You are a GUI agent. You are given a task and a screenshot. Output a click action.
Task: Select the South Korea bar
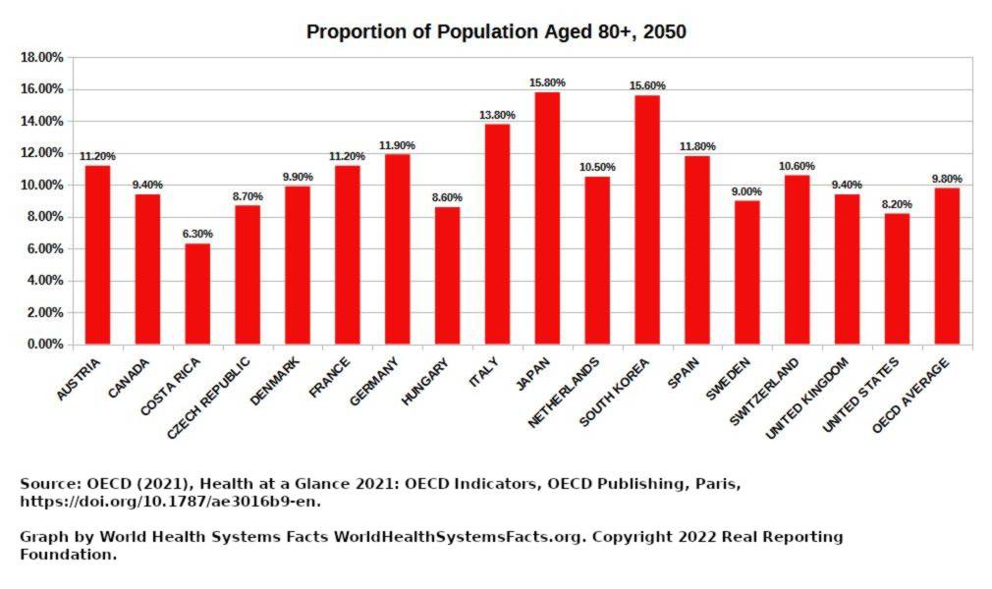(647, 220)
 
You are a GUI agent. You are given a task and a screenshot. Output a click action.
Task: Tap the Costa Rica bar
(197, 294)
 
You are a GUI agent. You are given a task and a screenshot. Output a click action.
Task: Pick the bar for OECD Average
(947, 266)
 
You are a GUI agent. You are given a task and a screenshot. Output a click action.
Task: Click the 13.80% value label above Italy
(497, 115)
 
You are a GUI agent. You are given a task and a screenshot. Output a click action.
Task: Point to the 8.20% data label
(897, 204)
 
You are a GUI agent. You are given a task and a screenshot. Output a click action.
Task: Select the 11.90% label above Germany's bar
(397, 145)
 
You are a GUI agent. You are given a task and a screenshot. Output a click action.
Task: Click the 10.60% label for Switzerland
(797, 166)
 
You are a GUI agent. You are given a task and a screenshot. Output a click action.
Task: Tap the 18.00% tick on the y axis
(41, 57)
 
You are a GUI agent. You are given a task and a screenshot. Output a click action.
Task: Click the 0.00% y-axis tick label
(44, 345)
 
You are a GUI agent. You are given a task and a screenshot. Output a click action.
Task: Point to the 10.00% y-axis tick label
(41, 185)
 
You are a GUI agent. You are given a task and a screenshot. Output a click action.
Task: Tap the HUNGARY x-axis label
(426, 381)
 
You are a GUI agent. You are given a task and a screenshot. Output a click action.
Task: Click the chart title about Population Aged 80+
(496, 31)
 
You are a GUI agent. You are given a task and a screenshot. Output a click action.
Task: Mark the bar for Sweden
(747, 272)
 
